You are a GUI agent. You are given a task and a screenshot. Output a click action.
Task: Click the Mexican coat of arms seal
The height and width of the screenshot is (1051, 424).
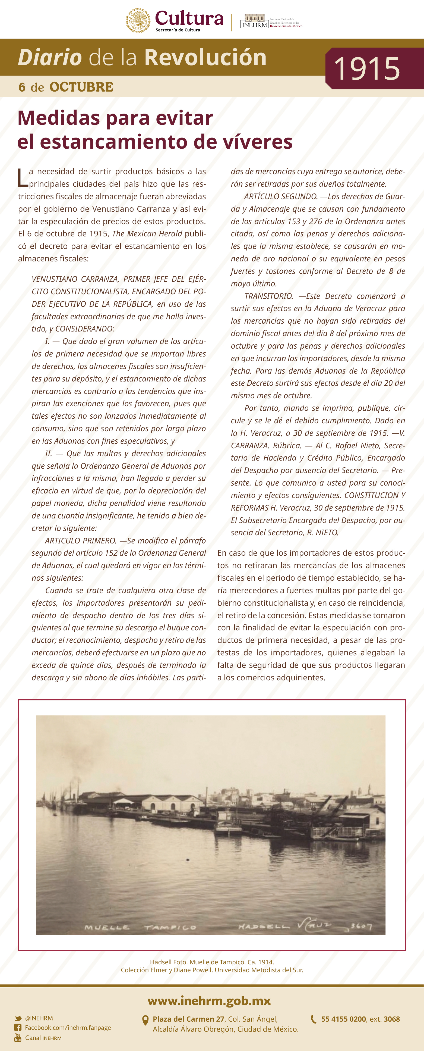pyautogui.click(x=138, y=20)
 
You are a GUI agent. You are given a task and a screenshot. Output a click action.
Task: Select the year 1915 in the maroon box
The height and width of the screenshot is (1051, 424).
pyautogui.click(x=367, y=68)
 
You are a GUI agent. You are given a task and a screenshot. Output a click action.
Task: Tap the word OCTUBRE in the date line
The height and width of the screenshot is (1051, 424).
pyautogui.click(x=81, y=87)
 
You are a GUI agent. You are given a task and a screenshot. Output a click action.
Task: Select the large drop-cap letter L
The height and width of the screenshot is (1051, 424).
pyautogui.click(x=23, y=178)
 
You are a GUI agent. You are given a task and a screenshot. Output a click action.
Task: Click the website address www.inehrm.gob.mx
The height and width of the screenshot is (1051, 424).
pyautogui.click(x=209, y=1001)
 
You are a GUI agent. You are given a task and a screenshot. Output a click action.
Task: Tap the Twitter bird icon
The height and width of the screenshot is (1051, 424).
pyautogui.click(x=18, y=1018)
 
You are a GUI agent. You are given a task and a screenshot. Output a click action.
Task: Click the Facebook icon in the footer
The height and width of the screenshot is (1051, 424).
pyautogui.click(x=18, y=1027)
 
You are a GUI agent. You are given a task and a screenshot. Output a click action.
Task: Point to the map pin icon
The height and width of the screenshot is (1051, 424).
pyautogui.click(x=145, y=1020)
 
